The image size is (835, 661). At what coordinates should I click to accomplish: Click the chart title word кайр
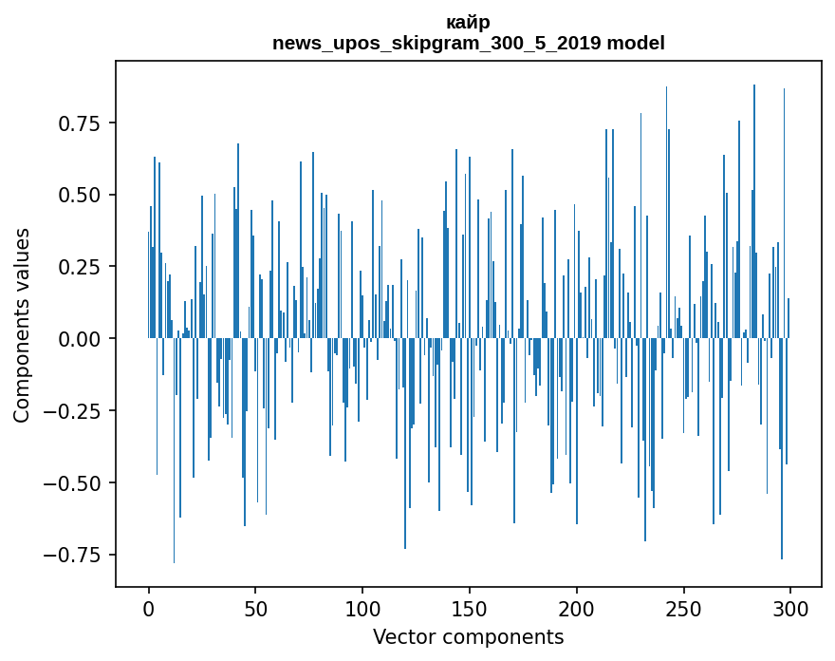(468, 23)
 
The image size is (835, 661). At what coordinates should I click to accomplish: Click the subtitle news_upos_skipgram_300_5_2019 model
(468, 43)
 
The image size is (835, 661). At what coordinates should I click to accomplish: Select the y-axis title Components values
(22, 325)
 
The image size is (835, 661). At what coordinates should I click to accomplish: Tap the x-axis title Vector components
(468, 637)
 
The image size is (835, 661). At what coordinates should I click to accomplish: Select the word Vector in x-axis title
(402, 637)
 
